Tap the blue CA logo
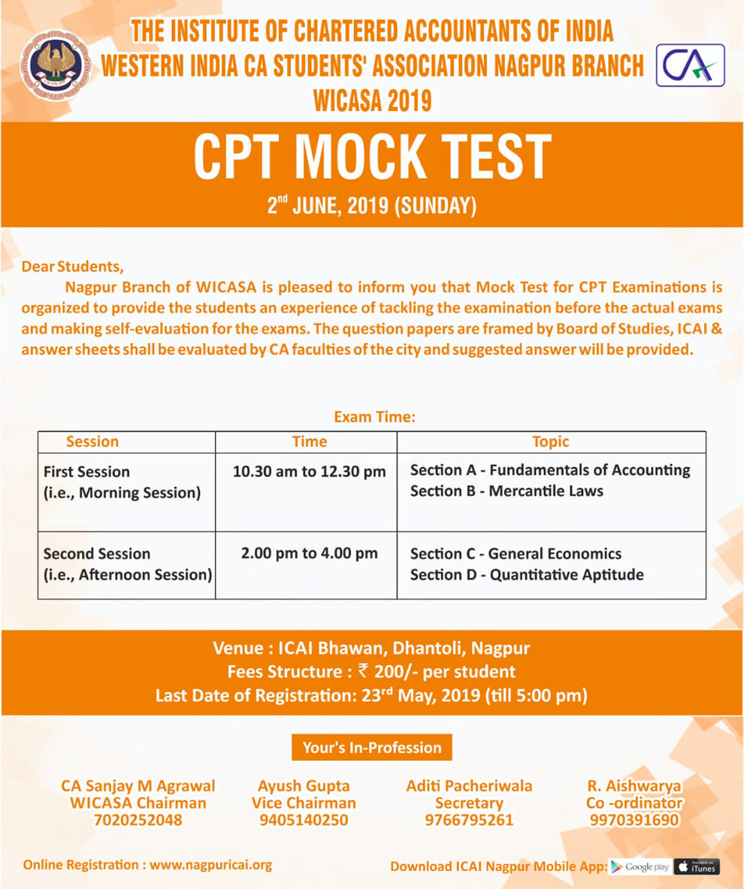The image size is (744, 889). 691,65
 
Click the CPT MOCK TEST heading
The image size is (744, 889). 372,156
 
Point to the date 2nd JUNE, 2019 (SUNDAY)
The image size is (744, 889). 371,205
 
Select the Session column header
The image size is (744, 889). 92,441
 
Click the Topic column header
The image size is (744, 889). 550,441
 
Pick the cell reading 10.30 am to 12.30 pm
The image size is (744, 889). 309,472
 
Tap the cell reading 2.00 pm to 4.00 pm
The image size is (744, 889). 309,553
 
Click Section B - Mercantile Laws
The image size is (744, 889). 507,491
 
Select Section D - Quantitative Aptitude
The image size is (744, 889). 527,574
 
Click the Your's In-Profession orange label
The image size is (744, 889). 372,747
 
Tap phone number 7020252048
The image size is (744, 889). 138,819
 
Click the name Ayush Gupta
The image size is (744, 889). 304,786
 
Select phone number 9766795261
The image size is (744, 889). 469,819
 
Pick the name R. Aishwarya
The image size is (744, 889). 634,786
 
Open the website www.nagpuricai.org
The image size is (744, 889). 210,864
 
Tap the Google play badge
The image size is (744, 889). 640,866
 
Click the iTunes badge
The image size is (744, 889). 697,866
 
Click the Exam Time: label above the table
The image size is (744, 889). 374,416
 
